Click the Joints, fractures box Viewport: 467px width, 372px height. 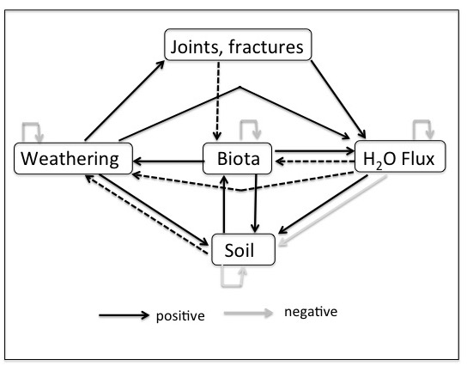[x=238, y=45]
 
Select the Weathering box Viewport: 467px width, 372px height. [x=73, y=158]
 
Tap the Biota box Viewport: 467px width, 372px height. [x=238, y=158]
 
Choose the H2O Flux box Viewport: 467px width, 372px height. [x=400, y=156]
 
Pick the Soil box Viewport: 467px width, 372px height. [x=243, y=249]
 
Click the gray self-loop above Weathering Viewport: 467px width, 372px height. [x=31, y=124]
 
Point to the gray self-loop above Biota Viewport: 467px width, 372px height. [x=249, y=121]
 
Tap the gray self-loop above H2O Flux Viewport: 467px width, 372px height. [x=422, y=121]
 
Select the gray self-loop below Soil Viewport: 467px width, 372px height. [x=231, y=286]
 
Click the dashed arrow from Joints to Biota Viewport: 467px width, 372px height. [x=218, y=101]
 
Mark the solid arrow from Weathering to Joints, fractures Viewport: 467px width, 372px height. [x=124, y=101]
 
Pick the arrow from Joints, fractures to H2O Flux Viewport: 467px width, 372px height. [x=338, y=100]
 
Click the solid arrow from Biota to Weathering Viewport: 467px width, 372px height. [x=168, y=162]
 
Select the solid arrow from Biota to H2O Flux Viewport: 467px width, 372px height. [x=314, y=151]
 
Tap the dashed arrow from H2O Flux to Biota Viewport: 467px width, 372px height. [x=315, y=162]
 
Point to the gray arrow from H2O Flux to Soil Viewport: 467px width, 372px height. [x=333, y=211]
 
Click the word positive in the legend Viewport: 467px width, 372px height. [x=180, y=316]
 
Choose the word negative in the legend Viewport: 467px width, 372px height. [x=311, y=312]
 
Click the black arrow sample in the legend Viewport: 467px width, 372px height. [x=124, y=315]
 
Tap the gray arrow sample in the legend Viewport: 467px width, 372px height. [x=248, y=313]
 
